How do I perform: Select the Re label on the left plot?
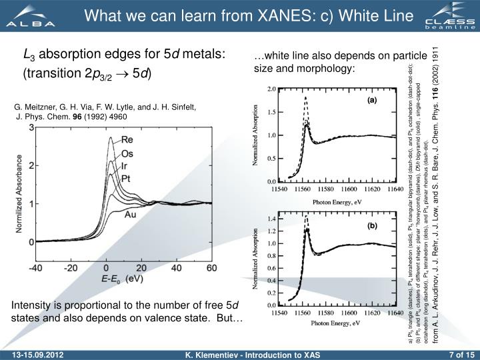click(x=127, y=140)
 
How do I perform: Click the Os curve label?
click(x=127, y=153)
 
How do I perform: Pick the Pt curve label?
click(x=126, y=179)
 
